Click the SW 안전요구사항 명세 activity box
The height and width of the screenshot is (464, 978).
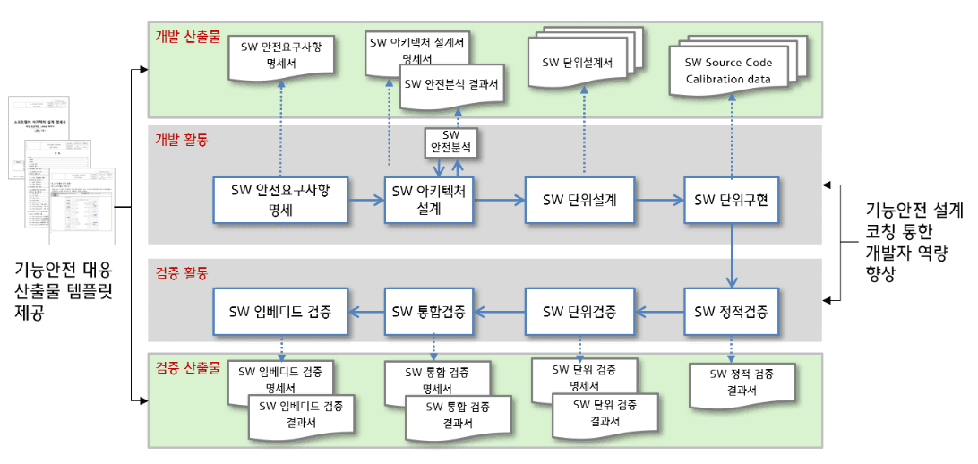(x=280, y=200)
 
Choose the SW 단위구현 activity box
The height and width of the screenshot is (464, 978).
(x=731, y=200)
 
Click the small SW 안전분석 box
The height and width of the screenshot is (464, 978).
(x=450, y=140)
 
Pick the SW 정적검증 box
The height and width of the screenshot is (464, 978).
(x=731, y=312)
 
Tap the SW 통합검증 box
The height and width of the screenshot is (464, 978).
(x=429, y=312)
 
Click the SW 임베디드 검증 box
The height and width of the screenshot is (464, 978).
(x=280, y=312)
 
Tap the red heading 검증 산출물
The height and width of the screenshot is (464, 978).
(x=187, y=368)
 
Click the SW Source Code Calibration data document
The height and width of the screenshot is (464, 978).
(x=728, y=71)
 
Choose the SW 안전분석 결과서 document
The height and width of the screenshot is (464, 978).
(x=450, y=84)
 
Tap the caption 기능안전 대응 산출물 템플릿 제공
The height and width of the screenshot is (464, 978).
(x=64, y=292)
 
